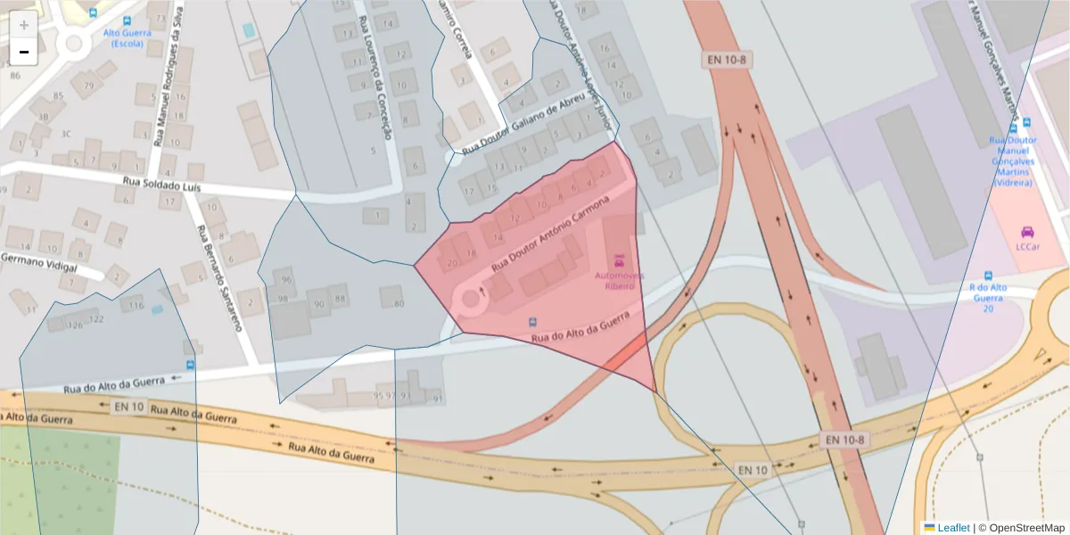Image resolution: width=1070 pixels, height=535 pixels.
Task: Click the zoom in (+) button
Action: (x=23, y=25)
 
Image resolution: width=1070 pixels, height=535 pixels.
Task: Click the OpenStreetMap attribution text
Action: (x=1026, y=528)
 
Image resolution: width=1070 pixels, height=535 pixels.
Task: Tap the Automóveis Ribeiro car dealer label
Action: (x=614, y=281)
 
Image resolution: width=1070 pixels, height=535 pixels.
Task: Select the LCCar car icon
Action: (x=1026, y=232)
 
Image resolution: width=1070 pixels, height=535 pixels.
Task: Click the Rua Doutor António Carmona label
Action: (x=549, y=234)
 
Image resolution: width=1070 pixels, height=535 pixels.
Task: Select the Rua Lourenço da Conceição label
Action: (x=374, y=76)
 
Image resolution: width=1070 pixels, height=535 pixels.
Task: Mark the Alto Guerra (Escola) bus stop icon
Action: (x=128, y=20)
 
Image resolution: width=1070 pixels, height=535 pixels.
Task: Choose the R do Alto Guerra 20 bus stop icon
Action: (x=988, y=276)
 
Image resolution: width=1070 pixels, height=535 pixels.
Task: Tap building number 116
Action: (x=136, y=306)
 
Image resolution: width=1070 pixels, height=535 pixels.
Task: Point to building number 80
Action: (x=398, y=303)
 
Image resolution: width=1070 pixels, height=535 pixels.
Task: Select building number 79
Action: (x=88, y=86)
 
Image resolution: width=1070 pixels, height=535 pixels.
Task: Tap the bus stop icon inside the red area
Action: (x=533, y=321)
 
